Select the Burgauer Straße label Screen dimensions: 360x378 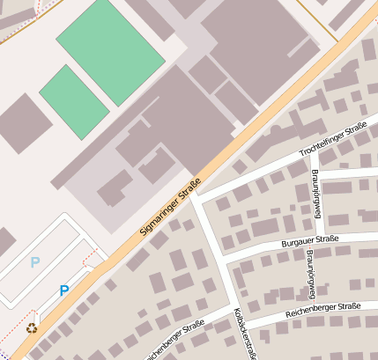click(x=309, y=239)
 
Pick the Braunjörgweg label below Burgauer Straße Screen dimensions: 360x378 click(x=310, y=269)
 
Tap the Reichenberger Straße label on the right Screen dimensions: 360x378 click(x=323, y=308)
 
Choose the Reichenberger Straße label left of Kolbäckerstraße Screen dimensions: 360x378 click(x=173, y=339)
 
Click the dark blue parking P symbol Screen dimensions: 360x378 click(x=63, y=290)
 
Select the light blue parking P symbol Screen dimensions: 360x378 click(x=34, y=261)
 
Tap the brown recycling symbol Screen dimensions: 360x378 click(x=32, y=328)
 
